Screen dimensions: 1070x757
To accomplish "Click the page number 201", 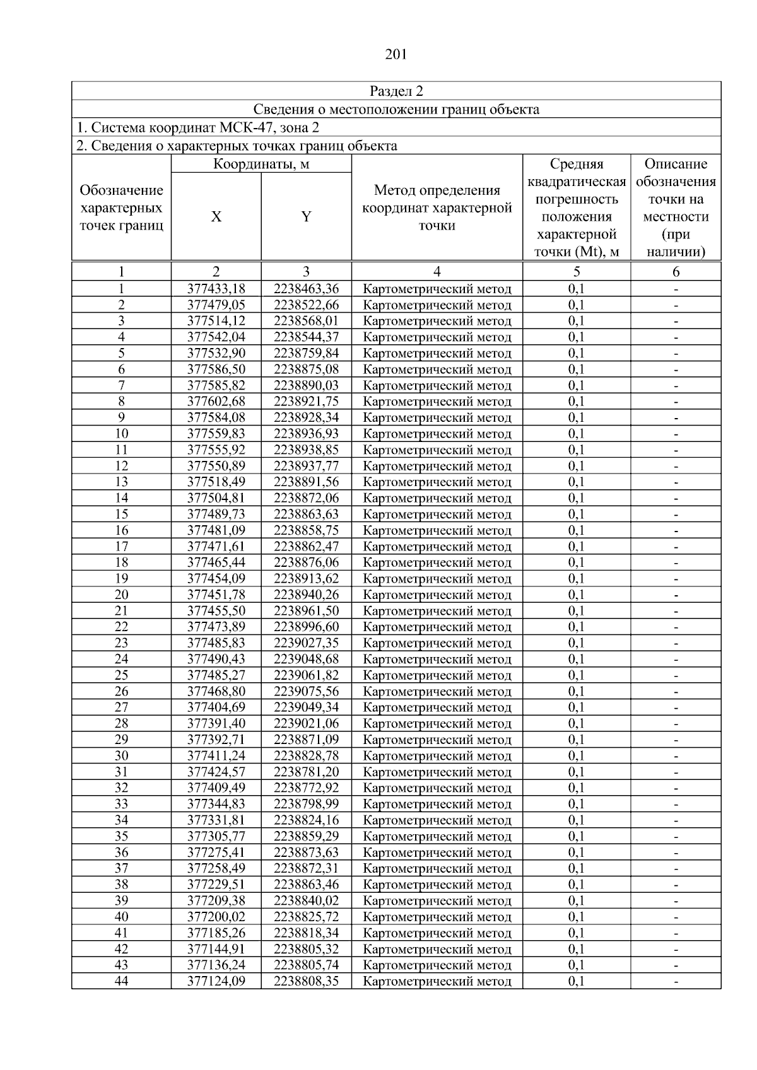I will (396, 54).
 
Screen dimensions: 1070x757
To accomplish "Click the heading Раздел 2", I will (396, 91).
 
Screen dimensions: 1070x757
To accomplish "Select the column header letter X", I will (216, 217).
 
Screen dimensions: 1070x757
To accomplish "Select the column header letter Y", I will (306, 217).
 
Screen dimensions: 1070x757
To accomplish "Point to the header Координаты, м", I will (261, 165).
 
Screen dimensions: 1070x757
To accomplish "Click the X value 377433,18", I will (216, 289).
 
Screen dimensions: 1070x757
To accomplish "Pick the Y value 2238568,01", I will (306, 322).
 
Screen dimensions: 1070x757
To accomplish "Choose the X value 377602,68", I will (216, 402).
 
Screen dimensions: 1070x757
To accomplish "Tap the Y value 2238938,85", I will (306, 450).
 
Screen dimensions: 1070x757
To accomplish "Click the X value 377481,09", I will (216, 530).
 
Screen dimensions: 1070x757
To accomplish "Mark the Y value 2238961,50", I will (306, 611).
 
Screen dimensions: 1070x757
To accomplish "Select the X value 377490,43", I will (216, 659).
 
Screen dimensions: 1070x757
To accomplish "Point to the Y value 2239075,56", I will (306, 691).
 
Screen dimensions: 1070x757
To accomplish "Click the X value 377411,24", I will (216, 756).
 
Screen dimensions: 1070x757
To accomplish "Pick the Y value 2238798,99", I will (306, 804).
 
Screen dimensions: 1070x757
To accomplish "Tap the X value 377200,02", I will (216, 917).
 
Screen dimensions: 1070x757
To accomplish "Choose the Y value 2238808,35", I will (306, 981).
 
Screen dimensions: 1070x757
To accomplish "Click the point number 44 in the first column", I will (121, 981).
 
